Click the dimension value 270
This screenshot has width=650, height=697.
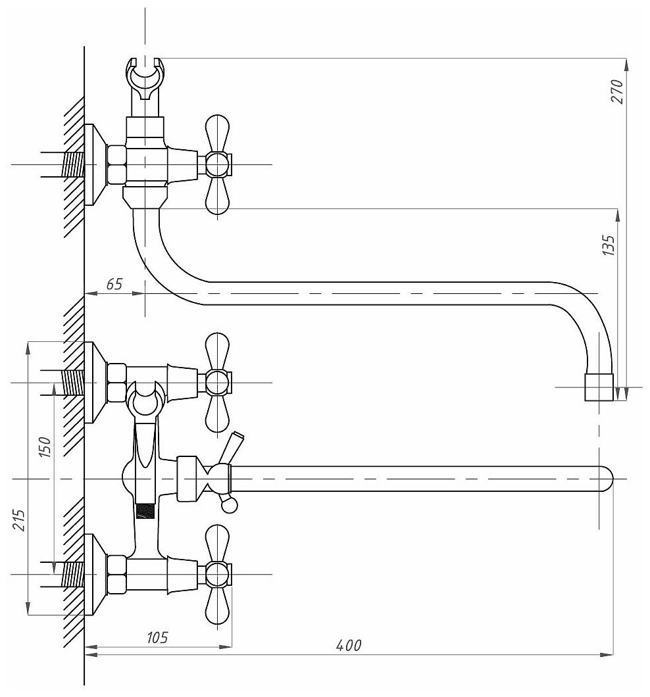click(x=618, y=92)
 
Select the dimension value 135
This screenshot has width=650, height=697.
click(x=609, y=245)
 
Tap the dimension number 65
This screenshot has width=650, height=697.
click(x=114, y=284)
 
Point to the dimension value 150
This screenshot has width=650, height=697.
click(x=45, y=448)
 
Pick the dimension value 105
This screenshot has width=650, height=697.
click(x=157, y=637)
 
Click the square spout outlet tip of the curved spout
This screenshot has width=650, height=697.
click(x=599, y=387)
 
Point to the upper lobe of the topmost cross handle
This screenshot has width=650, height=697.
click(x=218, y=129)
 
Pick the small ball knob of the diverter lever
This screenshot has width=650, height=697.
click(x=229, y=505)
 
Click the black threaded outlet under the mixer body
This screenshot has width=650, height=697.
click(x=146, y=511)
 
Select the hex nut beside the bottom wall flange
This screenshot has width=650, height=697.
click(x=116, y=574)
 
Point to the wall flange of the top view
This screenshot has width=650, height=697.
click(x=95, y=164)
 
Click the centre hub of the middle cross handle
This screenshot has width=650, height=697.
click(x=218, y=382)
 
